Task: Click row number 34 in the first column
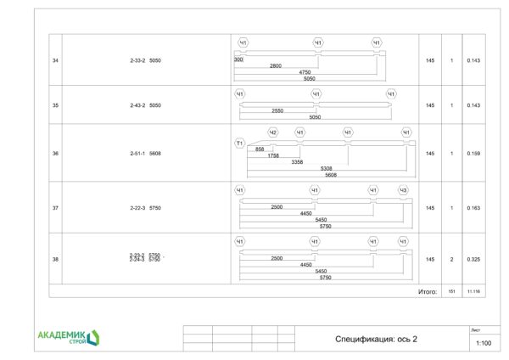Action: [x=55, y=60]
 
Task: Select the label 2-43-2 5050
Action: [x=145, y=105]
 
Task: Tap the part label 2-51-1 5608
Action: [x=145, y=154]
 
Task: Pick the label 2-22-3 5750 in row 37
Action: [x=145, y=207]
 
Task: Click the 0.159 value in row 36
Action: [x=473, y=154]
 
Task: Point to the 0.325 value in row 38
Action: [x=473, y=258]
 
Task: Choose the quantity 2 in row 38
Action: [x=452, y=258]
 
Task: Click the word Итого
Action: [x=428, y=291]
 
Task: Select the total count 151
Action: [x=452, y=291]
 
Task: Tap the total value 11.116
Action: [x=473, y=291]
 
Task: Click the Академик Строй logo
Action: [x=69, y=337]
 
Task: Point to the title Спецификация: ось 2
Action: [x=377, y=339]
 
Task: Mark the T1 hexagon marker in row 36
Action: [x=239, y=143]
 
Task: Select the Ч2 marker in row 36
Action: [x=272, y=132]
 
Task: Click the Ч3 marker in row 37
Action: [x=403, y=190]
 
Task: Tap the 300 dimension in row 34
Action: [x=238, y=60]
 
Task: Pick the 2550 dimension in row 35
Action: [x=277, y=111]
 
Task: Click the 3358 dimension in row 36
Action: [x=297, y=161]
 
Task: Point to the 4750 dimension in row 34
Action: [x=305, y=72]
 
